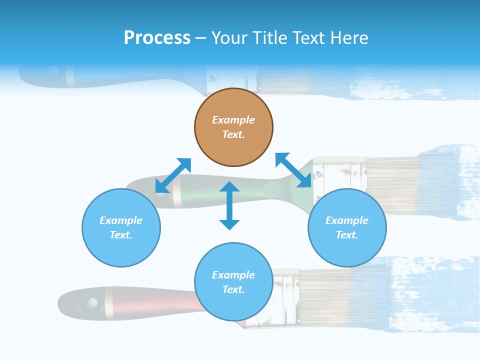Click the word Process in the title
coord(157,37)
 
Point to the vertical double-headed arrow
coord(229,205)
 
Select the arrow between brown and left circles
coord(173,175)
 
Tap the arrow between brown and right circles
coord(293,170)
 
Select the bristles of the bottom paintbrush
coord(330,295)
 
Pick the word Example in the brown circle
coord(233,120)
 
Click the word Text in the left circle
coord(121,235)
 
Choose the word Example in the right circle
coord(347,220)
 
